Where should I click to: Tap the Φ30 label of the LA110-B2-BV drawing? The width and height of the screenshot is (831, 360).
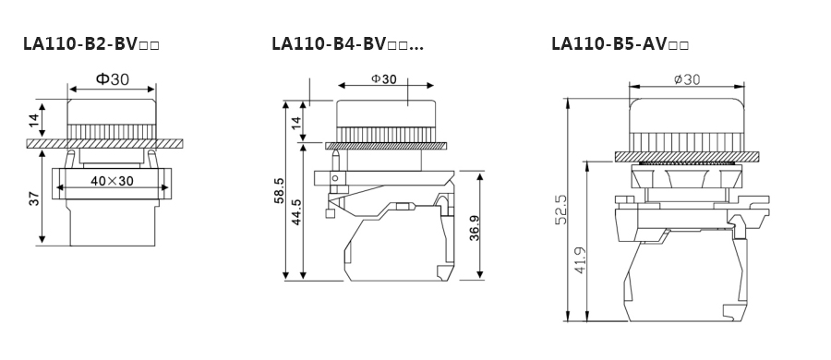pyautogui.click(x=113, y=79)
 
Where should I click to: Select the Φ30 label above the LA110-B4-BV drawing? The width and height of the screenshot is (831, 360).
pyautogui.click(x=384, y=79)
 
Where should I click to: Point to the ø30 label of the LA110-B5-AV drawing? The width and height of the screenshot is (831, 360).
pyautogui.click(x=687, y=79)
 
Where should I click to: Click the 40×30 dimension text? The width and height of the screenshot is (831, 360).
pyautogui.click(x=112, y=181)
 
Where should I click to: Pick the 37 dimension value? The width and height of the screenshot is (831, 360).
pyautogui.click(x=33, y=198)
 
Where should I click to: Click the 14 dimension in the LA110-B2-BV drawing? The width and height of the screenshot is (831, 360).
pyautogui.click(x=33, y=120)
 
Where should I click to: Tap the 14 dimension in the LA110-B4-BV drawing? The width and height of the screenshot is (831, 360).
pyautogui.click(x=296, y=121)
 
